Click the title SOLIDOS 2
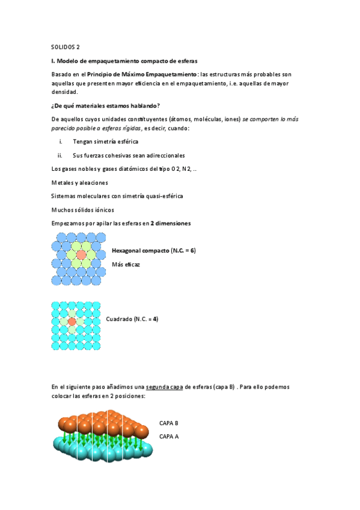(66, 47)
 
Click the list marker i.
(61, 142)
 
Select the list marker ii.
(60, 155)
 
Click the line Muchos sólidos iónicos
(83, 210)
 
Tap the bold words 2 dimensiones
(171, 223)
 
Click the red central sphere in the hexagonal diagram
(82, 254)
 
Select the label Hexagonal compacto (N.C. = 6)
(153, 250)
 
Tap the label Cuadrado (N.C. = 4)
(132, 319)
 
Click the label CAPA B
(169, 423)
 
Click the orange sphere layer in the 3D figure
(105, 424)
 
